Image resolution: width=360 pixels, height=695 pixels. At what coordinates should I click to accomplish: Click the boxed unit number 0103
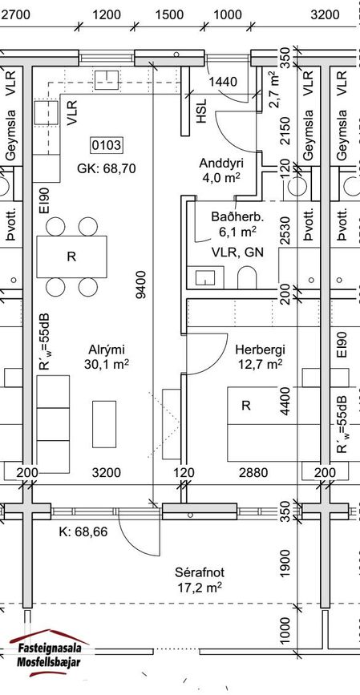[x=106, y=145]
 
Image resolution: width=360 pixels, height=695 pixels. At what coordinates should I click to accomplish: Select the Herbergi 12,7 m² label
[x=260, y=357]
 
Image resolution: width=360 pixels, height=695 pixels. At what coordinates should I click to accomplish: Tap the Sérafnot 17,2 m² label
[x=199, y=580]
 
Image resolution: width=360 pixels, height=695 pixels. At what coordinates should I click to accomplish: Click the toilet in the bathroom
[x=247, y=278]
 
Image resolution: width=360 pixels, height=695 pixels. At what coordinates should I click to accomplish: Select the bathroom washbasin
[x=205, y=277]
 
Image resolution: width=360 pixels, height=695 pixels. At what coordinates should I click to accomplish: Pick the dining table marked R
[x=71, y=257]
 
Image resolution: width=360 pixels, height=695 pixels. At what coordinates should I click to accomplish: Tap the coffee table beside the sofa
[x=104, y=424]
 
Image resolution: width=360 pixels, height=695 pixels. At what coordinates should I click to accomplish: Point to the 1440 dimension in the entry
[x=223, y=82]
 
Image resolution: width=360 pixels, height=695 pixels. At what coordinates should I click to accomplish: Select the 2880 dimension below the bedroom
[x=253, y=472]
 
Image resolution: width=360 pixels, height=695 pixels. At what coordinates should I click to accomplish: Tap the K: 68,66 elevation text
[x=83, y=531]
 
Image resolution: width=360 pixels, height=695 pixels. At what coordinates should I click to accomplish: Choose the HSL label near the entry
[x=201, y=111]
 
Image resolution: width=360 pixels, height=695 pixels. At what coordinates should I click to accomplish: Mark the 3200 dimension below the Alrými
[x=106, y=472]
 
